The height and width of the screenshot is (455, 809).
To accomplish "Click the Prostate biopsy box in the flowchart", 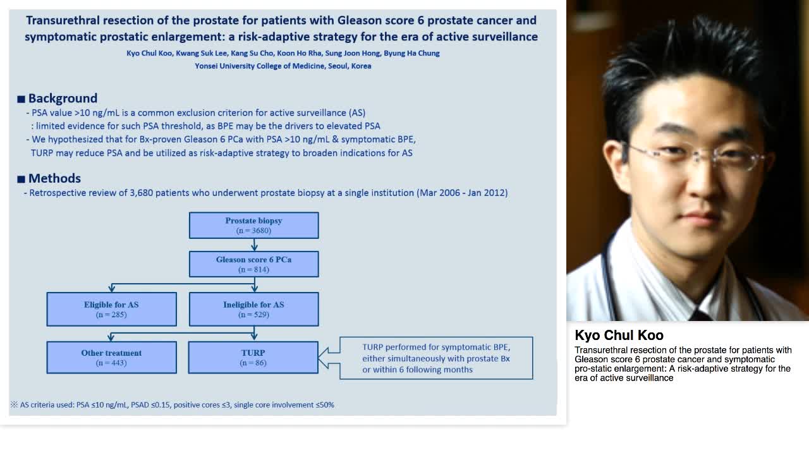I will click(253, 226).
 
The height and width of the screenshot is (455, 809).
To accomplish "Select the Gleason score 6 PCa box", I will click(253, 264).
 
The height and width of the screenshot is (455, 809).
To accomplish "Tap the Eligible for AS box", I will click(111, 309).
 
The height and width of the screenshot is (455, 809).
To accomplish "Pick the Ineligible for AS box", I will click(253, 309).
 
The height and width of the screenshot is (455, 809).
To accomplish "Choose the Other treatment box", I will click(111, 358).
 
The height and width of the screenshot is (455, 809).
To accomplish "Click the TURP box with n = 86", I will click(253, 358).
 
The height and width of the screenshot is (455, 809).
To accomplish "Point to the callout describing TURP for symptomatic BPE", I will click(436, 358).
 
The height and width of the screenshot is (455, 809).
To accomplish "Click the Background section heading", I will click(63, 98).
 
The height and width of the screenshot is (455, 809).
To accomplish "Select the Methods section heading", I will click(54, 178).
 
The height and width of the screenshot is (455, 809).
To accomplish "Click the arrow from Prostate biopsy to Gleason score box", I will click(254, 245).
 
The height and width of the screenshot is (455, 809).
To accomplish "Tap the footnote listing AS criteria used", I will click(172, 404).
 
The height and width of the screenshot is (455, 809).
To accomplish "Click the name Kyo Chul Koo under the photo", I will click(619, 335).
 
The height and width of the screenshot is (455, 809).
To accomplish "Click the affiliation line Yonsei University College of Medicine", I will click(283, 66).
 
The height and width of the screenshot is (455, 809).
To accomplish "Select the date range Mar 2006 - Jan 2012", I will click(463, 192).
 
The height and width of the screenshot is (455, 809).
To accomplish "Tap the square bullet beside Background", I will click(21, 99).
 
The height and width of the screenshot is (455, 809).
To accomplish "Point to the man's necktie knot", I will click(701, 314).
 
